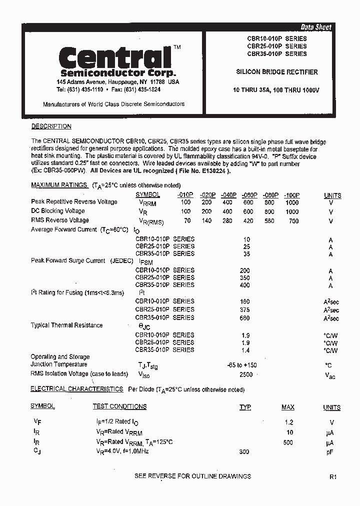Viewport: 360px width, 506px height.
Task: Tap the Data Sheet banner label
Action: [x=315, y=27]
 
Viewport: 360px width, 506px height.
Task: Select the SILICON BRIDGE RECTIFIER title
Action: [x=276, y=72]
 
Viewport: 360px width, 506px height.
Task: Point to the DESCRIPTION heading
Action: [x=51, y=126]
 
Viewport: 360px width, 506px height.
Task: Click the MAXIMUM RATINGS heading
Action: [x=59, y=185]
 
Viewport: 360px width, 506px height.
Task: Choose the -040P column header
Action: [x=228, y=195]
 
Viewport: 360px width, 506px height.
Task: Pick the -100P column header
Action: [x=291, y=195]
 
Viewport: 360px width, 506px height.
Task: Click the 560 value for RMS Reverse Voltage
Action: [x=269, y=220]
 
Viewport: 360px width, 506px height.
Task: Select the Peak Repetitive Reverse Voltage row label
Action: [x=74, y=202]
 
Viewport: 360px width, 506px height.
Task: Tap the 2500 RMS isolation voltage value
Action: [x=246, y=374]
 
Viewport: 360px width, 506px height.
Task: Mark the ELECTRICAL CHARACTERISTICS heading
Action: [x=76, y=388]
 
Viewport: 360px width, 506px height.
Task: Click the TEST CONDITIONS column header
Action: [x=119, y=406]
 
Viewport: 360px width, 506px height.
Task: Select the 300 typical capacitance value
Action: [x=244, y=451]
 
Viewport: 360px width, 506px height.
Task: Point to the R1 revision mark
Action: [x=333, y=477]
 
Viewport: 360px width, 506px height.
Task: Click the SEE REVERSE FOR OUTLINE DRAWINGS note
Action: [x=192, y=476]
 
